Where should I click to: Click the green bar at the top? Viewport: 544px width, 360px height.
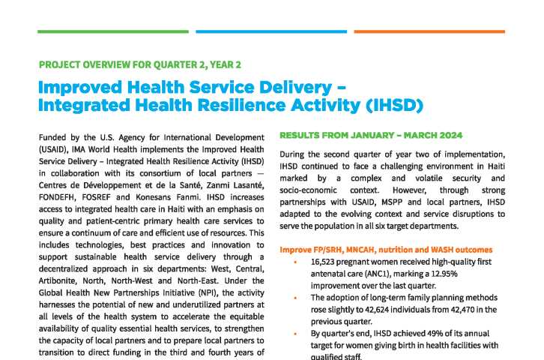112,31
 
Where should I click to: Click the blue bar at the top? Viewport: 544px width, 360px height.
271,31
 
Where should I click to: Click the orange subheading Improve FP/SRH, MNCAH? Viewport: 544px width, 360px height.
386,249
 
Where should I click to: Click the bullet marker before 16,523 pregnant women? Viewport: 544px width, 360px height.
296,263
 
